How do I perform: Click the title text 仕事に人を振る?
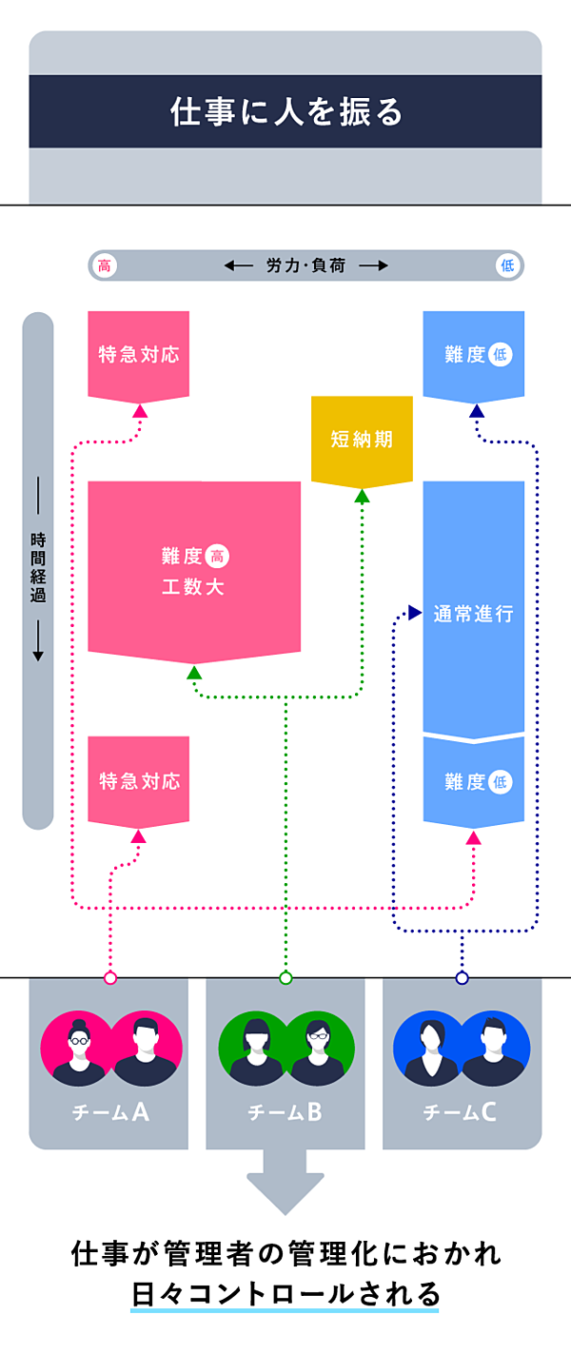tap(285, 112)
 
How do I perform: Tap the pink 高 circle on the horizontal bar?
tap(105, 265)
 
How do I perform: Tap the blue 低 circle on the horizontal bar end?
tap(507, 265)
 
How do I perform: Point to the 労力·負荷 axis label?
tap(306, 265)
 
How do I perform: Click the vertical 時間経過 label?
tap(38, 567)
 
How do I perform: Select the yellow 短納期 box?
tap(362, 440)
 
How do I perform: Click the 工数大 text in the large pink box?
tap(193, 586)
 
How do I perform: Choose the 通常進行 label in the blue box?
tap(473, 614)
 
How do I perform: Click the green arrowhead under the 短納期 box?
tap(362, 496)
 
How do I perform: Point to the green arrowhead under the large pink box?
tap(194, 673)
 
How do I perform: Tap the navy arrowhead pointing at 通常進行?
tap(414, 612)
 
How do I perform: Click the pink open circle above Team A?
tap(110, 977)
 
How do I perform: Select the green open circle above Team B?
tap(285, 977)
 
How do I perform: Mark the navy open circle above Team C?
tap(463, 977)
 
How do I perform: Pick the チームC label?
tap(462, 1111)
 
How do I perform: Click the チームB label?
tap(285, 1111)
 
